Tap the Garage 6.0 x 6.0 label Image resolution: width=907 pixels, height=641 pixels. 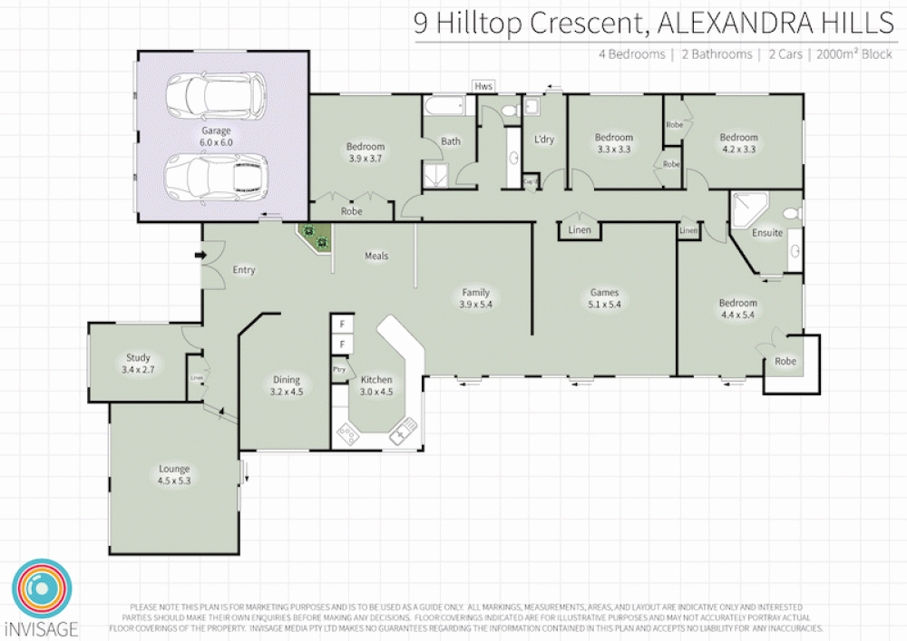coord(217,137)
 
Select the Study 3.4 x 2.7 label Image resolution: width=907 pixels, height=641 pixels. coord(138,364)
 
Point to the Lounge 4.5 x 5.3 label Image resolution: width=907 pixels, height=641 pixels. coord(174,474)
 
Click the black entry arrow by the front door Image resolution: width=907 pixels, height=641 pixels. coord(200,256)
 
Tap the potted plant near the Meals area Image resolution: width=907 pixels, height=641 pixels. coord(317,238)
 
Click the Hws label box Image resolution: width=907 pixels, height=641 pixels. coord(483,85)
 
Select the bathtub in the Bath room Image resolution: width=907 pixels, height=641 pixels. coord(448,107)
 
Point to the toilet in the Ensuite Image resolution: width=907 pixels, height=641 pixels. coord(791,214)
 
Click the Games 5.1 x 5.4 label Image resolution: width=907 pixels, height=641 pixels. coord(605,298)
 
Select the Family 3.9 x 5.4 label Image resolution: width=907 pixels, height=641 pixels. coord(475,298)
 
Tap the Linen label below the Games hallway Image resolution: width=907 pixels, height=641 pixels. coord(579,230)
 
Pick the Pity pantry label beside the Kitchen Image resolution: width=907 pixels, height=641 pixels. coord(339,370)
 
